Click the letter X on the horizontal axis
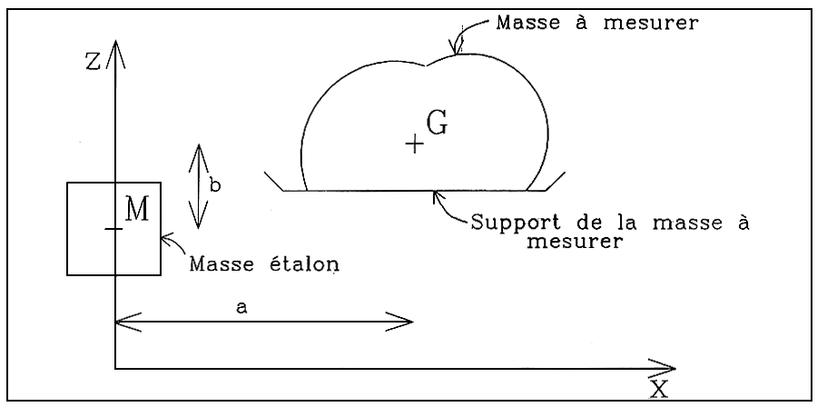659,388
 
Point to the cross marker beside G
414,144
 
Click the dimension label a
241,308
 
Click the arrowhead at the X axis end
666,368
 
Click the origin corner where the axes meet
116,368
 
